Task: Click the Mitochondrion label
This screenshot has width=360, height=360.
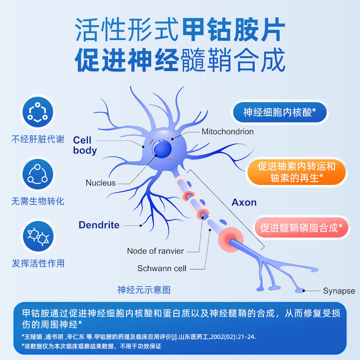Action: (x=227, y=132)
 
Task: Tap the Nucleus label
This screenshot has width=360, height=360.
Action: (x=100, y=183)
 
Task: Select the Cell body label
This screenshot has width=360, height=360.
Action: (x=85, y=145)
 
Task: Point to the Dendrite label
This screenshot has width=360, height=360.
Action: (x=99, y=225)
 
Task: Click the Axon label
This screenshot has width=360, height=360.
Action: (x=244, y=202)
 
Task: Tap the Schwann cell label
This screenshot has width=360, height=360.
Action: (x=162, y=269)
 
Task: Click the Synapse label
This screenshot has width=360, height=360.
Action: (x=339, y=291)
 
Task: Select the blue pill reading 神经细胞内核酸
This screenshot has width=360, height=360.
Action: (x=279, y=112)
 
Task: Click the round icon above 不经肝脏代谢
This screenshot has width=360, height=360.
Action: (x=38, y=112)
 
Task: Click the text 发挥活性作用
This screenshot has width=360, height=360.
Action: (x=38, y=263)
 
